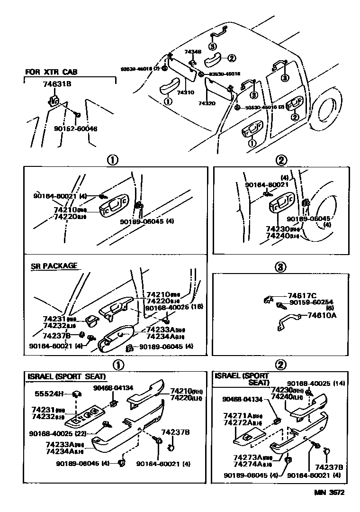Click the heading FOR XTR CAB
click(51, 72)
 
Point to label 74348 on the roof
click(193, 52)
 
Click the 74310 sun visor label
click(186, 93)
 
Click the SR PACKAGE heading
click(54, 266)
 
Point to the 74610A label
click(322, 314)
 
